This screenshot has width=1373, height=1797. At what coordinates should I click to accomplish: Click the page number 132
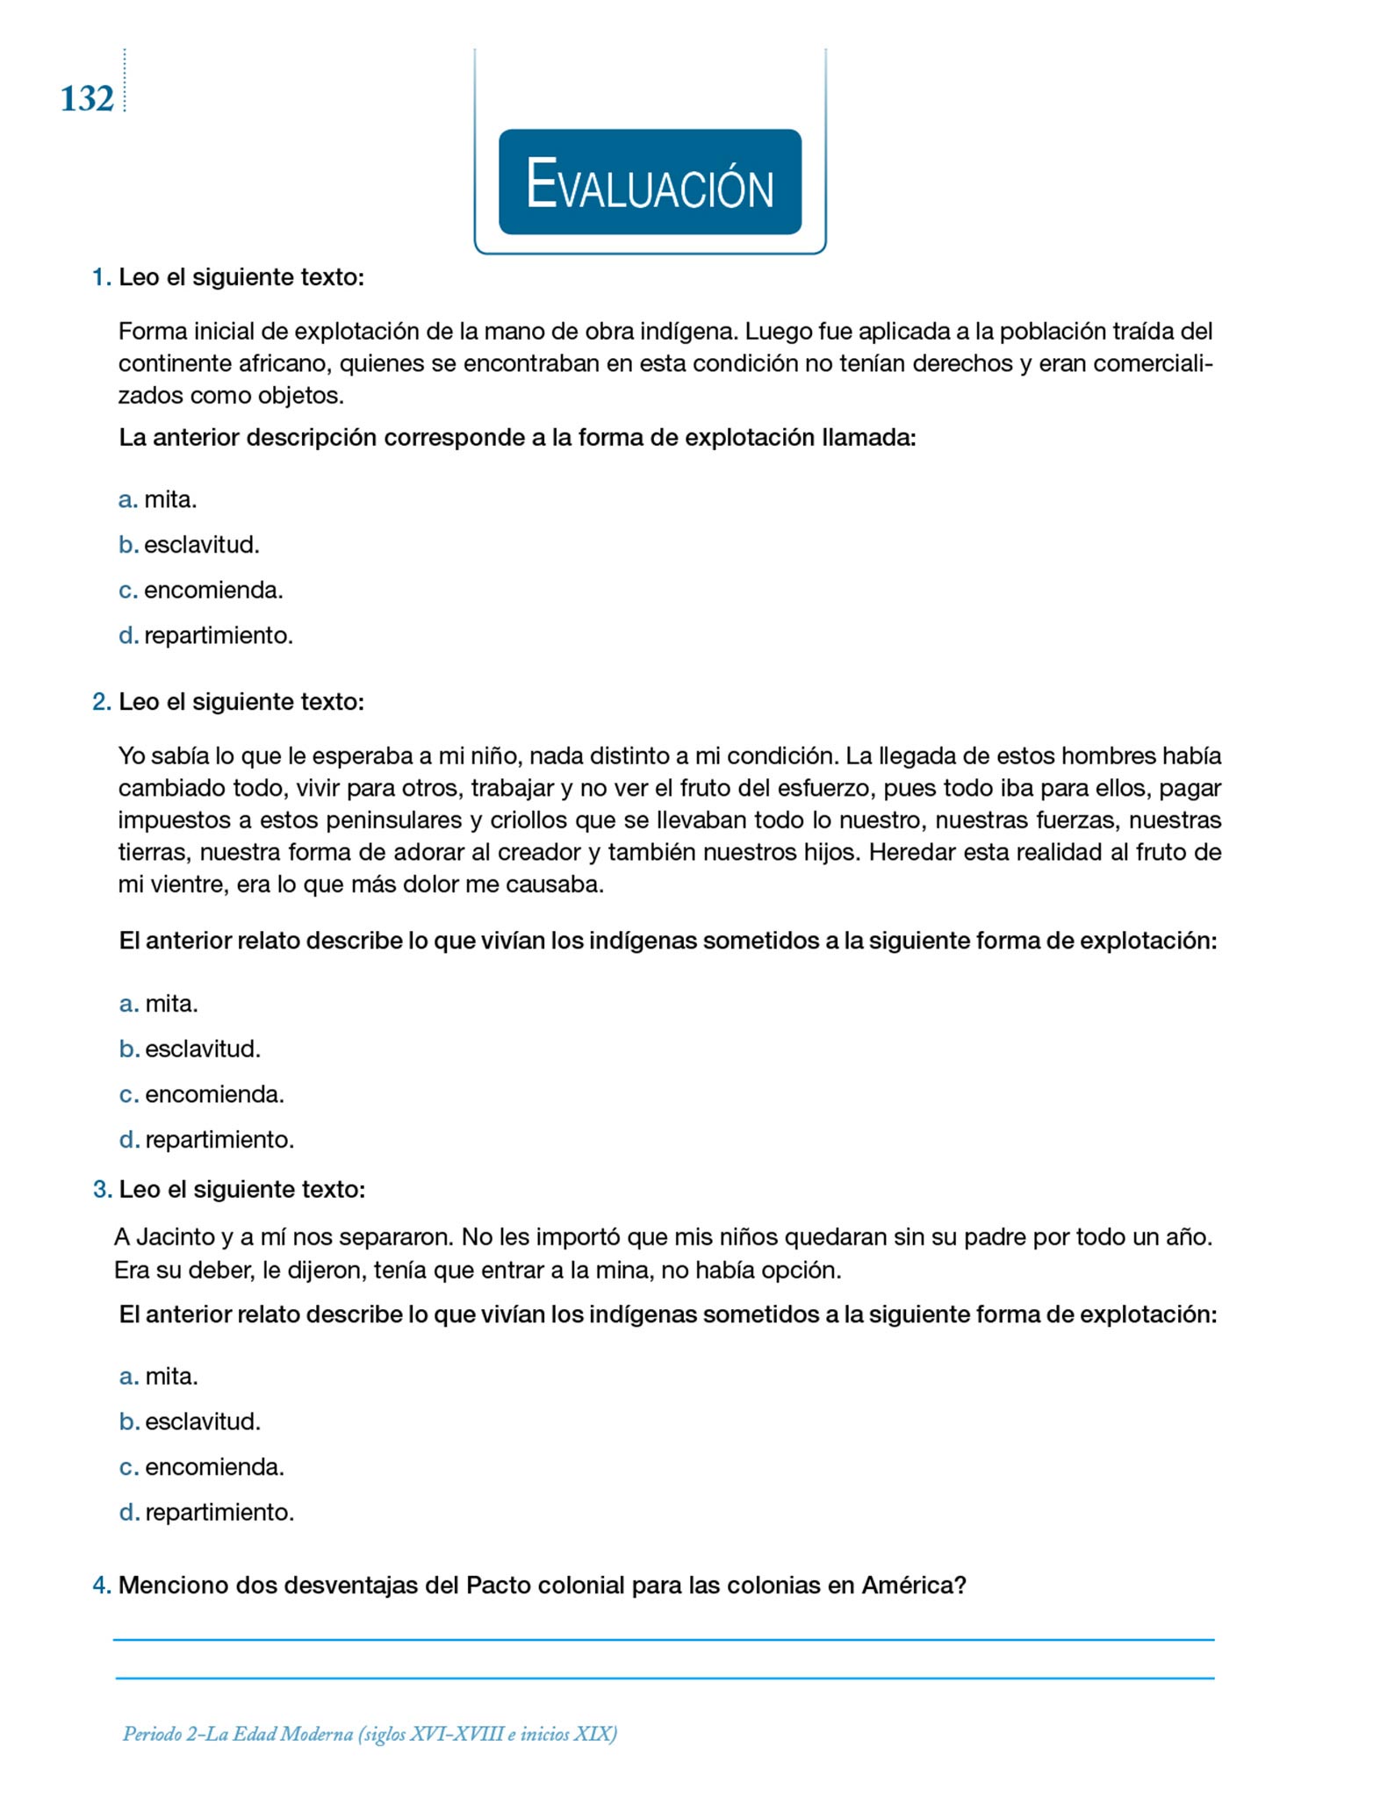click(x=87, y=99)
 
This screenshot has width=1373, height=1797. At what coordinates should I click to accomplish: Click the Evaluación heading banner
click(x=650, y=183)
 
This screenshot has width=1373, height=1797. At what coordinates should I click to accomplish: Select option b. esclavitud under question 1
click(x=201, y=545)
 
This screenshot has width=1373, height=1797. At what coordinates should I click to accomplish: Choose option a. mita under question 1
click(x=169, y=500)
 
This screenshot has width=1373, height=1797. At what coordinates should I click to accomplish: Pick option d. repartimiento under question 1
click(x=218, y=635)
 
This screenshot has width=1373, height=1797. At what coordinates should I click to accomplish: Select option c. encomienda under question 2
click(x=214, y=1094)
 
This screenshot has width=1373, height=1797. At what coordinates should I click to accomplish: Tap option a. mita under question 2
click(x=171, y=1004)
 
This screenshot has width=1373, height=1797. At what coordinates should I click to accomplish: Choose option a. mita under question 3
click(x=171, y=1376)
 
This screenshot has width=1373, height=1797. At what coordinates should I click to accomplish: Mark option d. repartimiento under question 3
click(x=219, y=1512)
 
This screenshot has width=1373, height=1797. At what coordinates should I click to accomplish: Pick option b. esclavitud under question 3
click(x=202, y=1421)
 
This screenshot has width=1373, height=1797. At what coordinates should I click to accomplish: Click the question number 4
click(x=102, y=1586)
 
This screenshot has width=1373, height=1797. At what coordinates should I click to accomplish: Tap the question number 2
click(x=102, y=702)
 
